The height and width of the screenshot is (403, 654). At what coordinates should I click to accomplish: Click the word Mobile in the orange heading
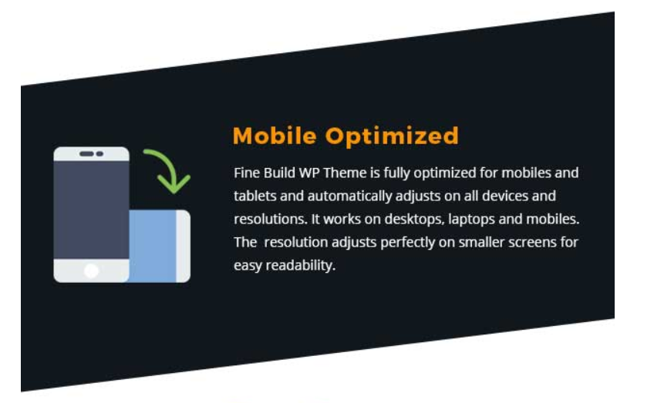[x=275, y=136]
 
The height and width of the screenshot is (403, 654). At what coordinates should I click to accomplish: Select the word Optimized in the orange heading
[x=392, y=136]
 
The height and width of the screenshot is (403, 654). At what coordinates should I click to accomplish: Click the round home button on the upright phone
[x=91, y=271]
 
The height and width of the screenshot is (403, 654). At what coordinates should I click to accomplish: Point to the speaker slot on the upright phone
[x=86, y=154]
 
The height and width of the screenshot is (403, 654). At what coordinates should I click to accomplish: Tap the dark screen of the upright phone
[x=91, y=210]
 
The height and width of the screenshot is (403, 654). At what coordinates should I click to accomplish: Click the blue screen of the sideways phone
[x=153, y=246]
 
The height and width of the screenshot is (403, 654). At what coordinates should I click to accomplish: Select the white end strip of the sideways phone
[x=183, y=246]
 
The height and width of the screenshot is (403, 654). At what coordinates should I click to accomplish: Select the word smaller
[x=481, y=242]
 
